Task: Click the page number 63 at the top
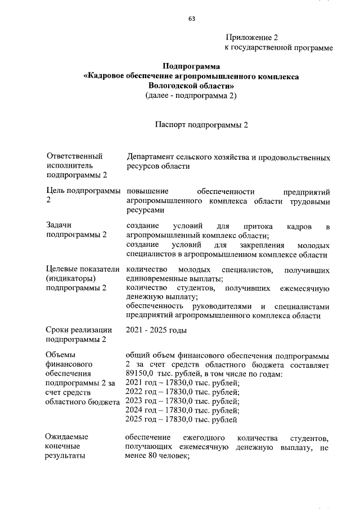coord(191,19)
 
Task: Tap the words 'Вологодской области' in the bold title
coord(190,85)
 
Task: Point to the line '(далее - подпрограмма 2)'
coord(191,96)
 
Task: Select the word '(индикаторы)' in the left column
coord(71,278)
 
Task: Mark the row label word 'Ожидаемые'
coord(68,437)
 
